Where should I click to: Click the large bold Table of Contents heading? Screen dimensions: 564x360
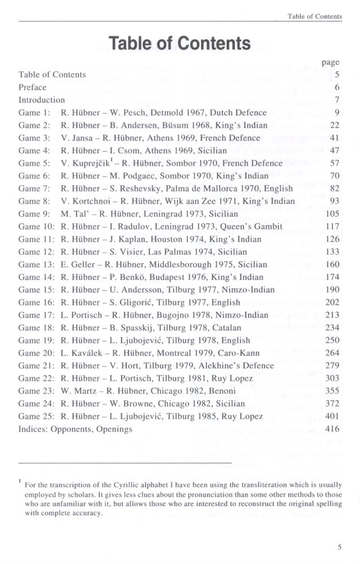pyautogui.click(x=180, y=43)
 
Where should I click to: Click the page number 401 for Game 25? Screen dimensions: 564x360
pyautogui.click(x=332, y=417)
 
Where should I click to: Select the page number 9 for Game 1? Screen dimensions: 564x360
pyautogui.click(x=336, y=112)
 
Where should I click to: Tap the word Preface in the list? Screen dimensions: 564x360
pyautogui.click(x=32, y=87)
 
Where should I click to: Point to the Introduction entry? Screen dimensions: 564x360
pyautogui.click(x=42, y=100)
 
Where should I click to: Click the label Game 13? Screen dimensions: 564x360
pyautogui.click(x=37, y=265)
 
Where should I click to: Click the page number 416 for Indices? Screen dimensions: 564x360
pyautogui.click(x=332, y=429)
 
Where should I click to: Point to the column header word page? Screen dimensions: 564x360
pyautogui.click(x=330, y=63)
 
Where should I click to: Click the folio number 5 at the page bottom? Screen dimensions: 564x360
pyautogui.click(x=339, y=546)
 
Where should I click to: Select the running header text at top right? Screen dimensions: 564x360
pyautogui.click(x=314, y=16)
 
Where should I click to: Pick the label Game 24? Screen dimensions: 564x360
pyautogui.click(x=37, y=404)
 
